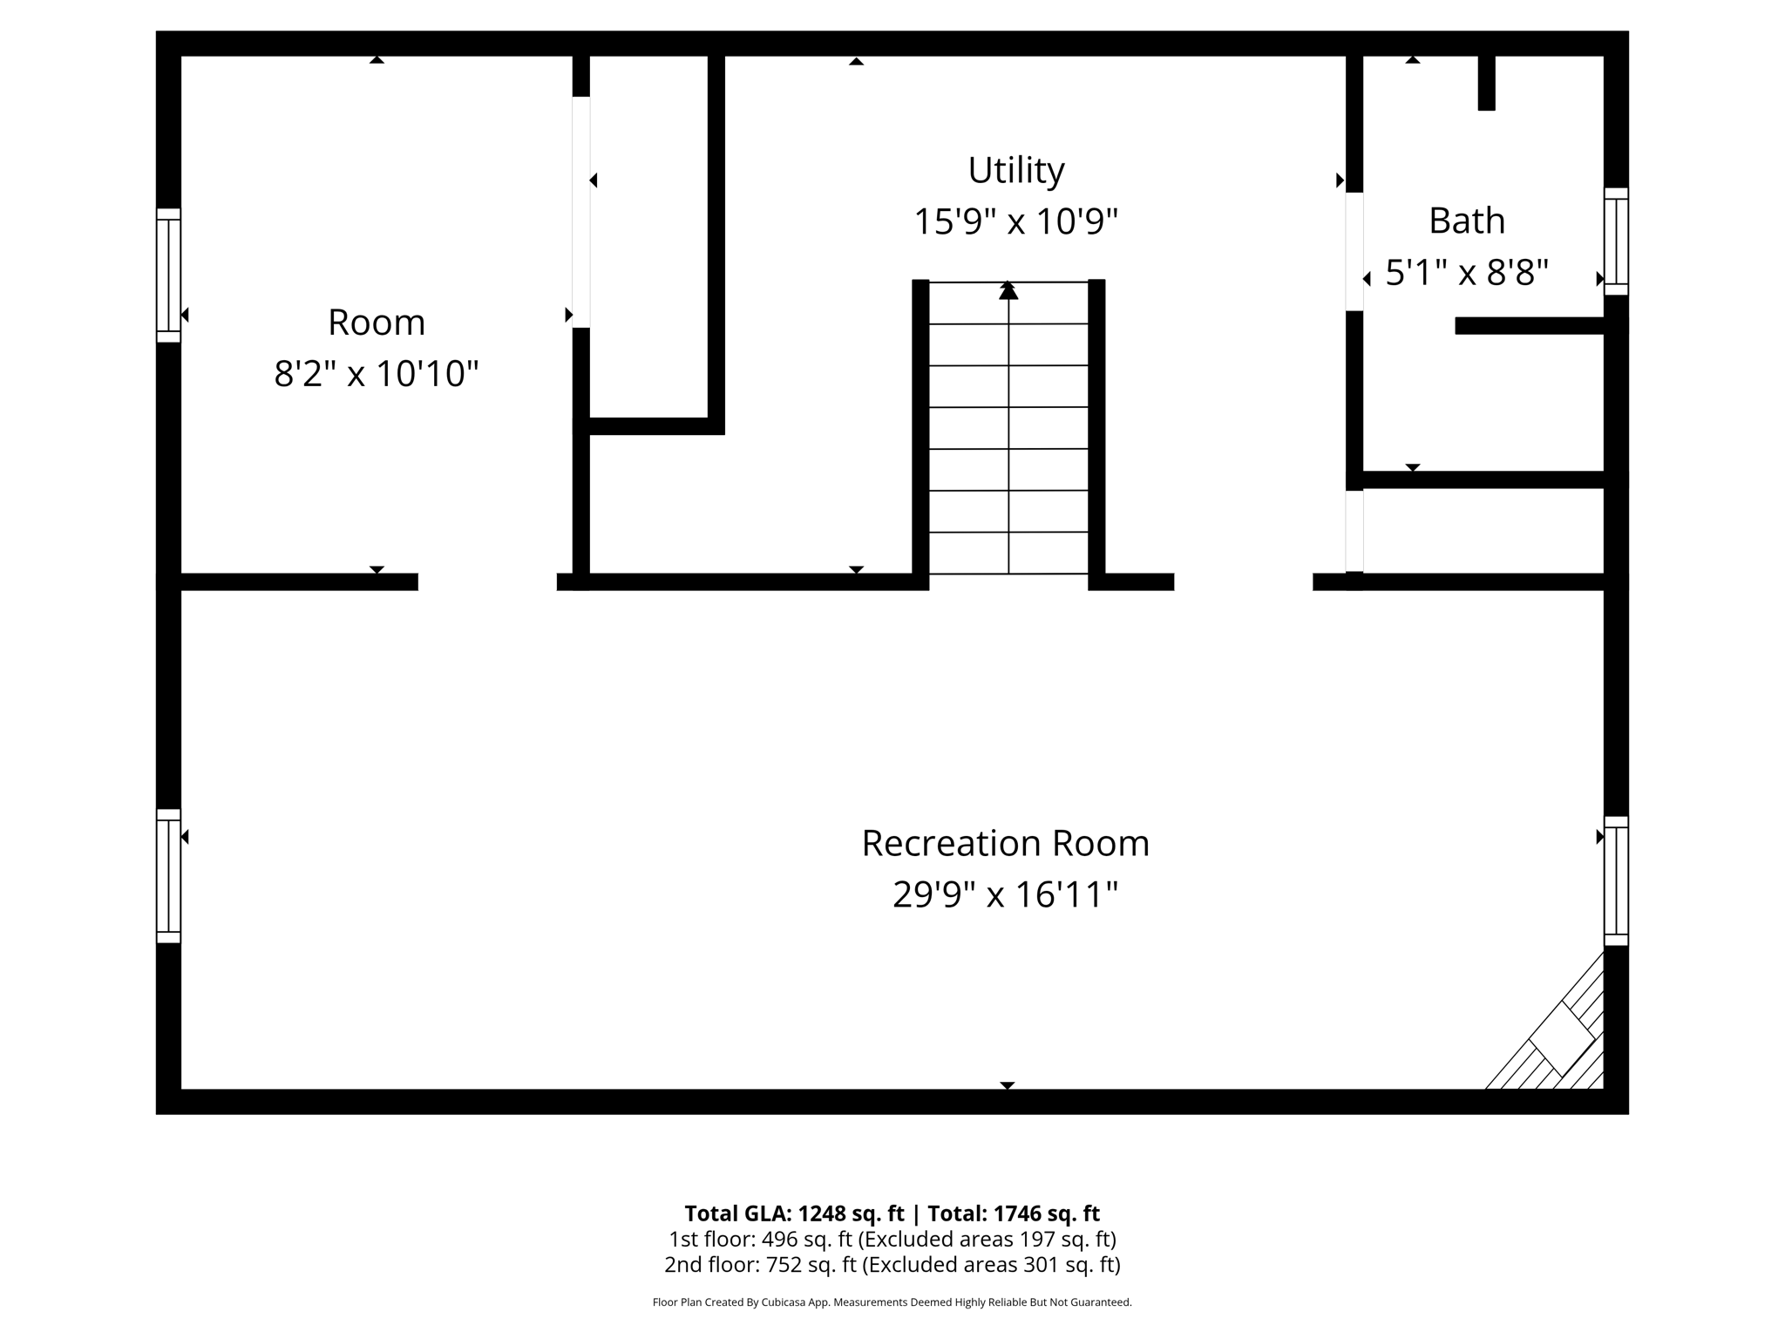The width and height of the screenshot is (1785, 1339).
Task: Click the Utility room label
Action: (x=1015, y=171)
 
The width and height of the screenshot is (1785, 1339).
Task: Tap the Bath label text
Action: (x=1467, y=221)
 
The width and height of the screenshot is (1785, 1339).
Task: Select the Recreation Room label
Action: (x=1005, y=844)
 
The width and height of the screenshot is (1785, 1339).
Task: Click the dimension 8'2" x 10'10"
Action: (x=377, y=374)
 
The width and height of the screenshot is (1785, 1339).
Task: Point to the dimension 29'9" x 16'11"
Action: (x=1005, y=895)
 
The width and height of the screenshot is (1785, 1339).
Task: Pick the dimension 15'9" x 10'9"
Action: (x=1015, y=222)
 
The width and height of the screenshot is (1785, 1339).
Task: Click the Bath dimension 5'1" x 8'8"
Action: (x=1467, y=273)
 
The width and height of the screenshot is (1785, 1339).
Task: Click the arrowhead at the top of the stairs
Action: (x=1008, y=291)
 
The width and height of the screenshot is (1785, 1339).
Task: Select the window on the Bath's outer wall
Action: (x=1616, y=241)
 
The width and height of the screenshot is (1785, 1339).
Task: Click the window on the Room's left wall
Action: (x=168, y=275)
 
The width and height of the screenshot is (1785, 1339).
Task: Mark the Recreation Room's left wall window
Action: (x=168, y=876)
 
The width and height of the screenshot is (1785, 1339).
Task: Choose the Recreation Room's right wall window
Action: (x=1616, y=880)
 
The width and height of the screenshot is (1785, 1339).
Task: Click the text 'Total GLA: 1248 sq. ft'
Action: (x=794, y=1213)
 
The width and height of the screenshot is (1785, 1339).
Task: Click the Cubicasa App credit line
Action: (x=892, y=1302)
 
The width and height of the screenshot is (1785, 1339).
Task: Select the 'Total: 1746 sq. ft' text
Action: (x=1013, y=1213)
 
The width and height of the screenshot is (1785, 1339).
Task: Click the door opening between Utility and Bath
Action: (x=1354, y=251)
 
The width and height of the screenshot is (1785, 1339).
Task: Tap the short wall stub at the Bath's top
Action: (x=1486, y=83)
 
